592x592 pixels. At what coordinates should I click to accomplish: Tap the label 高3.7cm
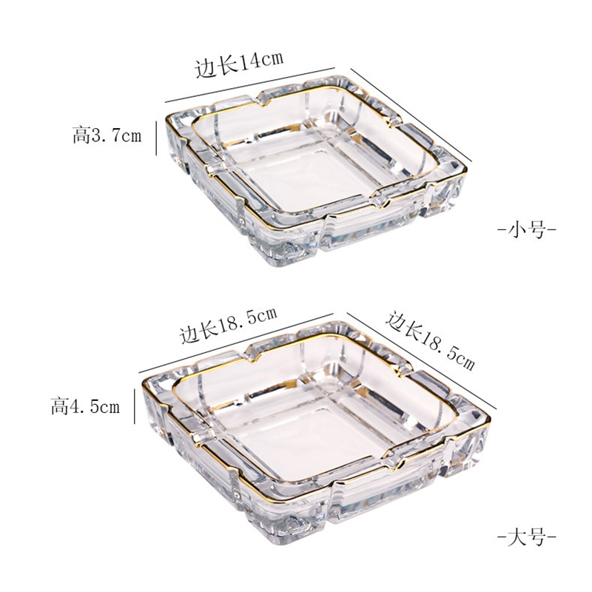point(107,135)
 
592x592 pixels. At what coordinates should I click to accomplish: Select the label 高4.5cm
point(85,406)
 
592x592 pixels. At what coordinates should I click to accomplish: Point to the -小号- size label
point(527,229)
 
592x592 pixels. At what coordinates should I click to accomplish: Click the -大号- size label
point(527,536)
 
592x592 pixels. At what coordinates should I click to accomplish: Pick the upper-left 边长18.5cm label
point(229,324)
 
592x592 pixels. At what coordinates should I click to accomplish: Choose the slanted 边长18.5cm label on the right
point(430,340)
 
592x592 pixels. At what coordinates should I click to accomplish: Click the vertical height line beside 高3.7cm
point(156,138)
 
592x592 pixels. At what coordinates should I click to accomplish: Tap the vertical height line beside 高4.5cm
point(135,406)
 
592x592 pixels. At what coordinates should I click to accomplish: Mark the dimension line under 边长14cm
point(250,85)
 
